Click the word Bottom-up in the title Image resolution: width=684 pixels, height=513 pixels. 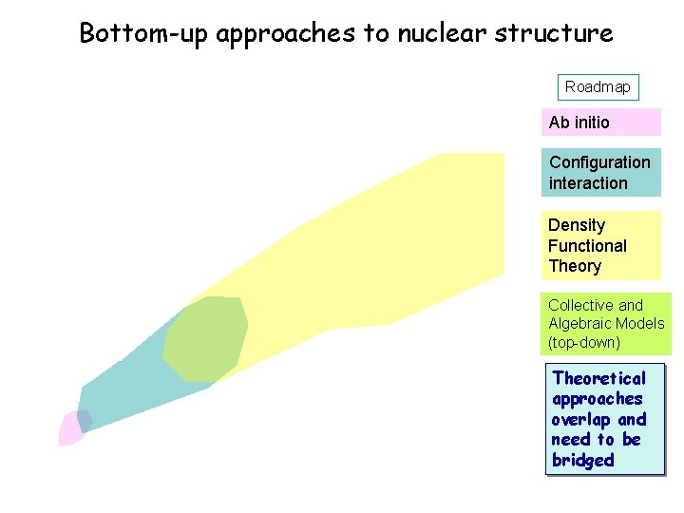pyautogui.click(x=143, y=33)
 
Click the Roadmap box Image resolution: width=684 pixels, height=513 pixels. pyautogui.click(x=598, y=87)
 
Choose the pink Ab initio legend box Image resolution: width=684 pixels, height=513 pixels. pyautogui.click(x=600, y=123)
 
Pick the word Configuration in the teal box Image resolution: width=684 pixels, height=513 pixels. pyautogui.click(x=599, y=162)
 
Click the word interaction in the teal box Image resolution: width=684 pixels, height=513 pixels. pyautogui.click(x=588, y=183)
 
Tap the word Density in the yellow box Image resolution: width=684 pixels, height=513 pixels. pyautogui.click(x=577, y=225)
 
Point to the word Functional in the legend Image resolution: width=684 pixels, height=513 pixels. pyautogui.click(x=587, y=246)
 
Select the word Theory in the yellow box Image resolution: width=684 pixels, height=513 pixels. pyautogui.click(x=575, y=266)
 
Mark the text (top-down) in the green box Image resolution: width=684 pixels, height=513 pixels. pyautogui.click(x=583, y=342)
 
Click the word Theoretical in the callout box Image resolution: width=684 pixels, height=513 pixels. pyautogui.click(x=598, y=378)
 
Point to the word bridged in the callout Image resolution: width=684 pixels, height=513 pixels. pyautogui.click(x=582, y=461)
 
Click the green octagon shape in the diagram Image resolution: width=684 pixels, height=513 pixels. pyautogui.click(x=205, y=339)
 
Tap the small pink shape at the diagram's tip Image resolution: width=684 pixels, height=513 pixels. pyautogui.click(x=68, y=429)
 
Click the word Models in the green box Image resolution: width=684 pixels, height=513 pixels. pyautogui.click(x=641, y=324)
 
